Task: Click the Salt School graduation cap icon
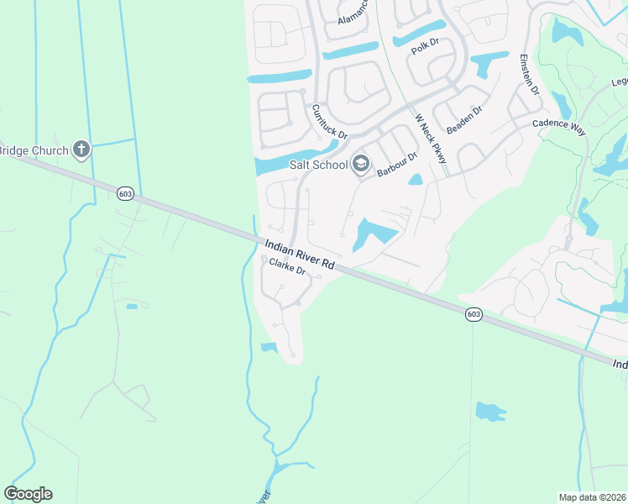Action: (x=361, y=165)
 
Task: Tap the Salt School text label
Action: (x=318, y=165)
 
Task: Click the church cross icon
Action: (x=81, y=150)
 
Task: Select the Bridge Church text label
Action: (x=34, y=150)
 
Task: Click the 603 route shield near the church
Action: (x=125, y=193)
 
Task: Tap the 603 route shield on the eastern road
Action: (x=474, y=313)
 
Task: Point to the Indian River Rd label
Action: (x=300, y=255)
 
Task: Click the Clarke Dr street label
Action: (x=286, y=269)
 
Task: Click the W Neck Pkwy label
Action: (x=430, y=139)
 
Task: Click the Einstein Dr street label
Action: (x=526, y=74)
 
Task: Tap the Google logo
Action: (x=29, y=494)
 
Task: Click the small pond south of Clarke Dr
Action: (x=269, y=347)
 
